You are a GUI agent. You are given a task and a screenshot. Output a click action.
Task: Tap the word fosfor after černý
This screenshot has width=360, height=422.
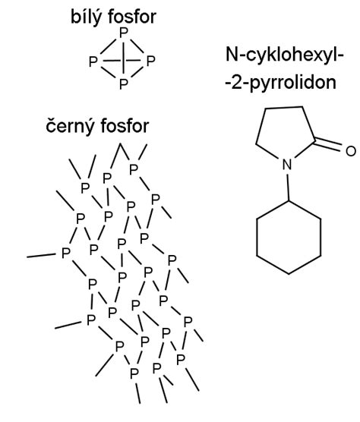pos(125,126)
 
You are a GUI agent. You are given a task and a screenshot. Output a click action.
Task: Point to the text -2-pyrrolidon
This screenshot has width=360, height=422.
pos(281,83)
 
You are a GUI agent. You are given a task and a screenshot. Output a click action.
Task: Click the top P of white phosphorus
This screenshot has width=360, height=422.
pos(123,33)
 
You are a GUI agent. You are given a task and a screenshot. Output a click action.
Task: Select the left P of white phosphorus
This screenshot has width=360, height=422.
pos(93,61)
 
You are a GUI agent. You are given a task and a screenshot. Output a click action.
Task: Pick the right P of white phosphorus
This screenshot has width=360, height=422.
pos(150,61)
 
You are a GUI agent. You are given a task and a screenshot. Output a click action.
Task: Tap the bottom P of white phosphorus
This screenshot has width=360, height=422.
pos(123,84)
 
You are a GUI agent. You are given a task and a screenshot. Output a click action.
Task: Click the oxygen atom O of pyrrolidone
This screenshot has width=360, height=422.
pos(351,151)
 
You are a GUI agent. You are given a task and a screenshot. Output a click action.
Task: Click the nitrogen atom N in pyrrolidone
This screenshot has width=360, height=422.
pos(287,165)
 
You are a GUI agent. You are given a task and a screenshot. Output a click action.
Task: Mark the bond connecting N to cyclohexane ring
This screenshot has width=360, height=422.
pos(288,187)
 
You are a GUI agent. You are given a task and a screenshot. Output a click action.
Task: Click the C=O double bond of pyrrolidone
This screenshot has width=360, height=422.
pos(328,144)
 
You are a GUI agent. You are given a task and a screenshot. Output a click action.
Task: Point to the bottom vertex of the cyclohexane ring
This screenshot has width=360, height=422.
pos(289,274)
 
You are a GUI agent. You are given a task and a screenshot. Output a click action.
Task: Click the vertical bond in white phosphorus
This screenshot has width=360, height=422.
pos(123,58)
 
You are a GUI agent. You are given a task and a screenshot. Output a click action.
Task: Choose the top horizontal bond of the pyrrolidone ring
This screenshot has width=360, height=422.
pos(284,108)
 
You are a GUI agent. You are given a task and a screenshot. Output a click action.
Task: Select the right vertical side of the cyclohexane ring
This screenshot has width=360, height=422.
pos(321,237)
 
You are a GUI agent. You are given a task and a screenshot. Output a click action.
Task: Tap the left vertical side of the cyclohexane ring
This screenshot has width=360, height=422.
pos(257,237)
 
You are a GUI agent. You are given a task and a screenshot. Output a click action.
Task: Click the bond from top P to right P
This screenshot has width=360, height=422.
pos(137,46)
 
